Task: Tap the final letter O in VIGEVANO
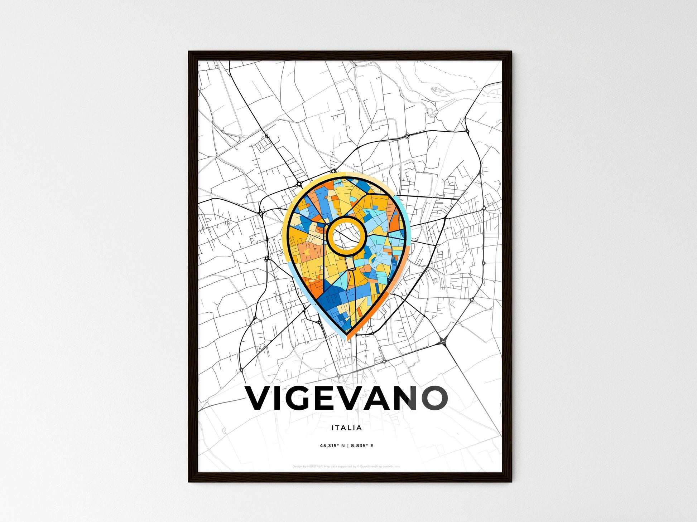point(435,398)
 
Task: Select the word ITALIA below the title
point(346,428)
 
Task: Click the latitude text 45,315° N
point(332,446)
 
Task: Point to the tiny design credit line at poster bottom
point(346,466)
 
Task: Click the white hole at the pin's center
point(346,236)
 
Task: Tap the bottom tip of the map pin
point(346,337)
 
